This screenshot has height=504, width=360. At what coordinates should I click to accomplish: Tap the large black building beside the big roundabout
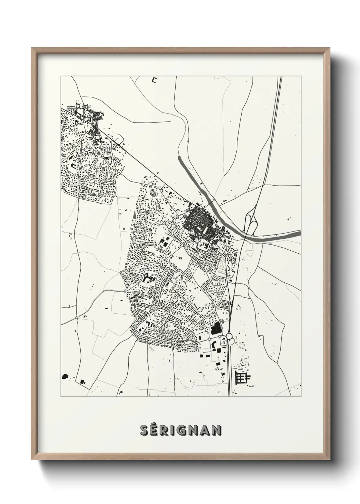click(215, 329)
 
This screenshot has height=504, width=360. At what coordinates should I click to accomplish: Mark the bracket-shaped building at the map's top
click(155, 80)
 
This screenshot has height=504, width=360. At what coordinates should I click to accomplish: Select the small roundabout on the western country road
click(77, 317)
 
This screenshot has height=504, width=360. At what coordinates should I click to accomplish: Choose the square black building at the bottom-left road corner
click(82, 382)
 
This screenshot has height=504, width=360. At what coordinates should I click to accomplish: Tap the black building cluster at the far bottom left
click(64, 377)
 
